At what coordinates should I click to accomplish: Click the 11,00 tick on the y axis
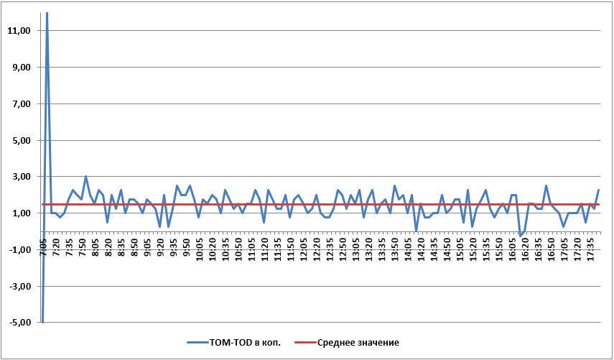coord(19,31)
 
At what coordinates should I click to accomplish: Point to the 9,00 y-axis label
coord(19,68)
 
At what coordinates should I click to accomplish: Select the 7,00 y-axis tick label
coord(19,104)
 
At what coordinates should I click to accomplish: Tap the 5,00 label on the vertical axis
coord(19,141)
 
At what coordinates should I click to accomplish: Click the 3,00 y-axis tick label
coord(19,177)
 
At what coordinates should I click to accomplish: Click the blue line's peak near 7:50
coord(85,177)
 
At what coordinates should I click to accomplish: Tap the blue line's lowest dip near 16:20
coord(520,236)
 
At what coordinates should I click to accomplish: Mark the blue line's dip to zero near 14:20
coord(416,231)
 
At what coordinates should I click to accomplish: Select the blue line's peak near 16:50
coord(546,185)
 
